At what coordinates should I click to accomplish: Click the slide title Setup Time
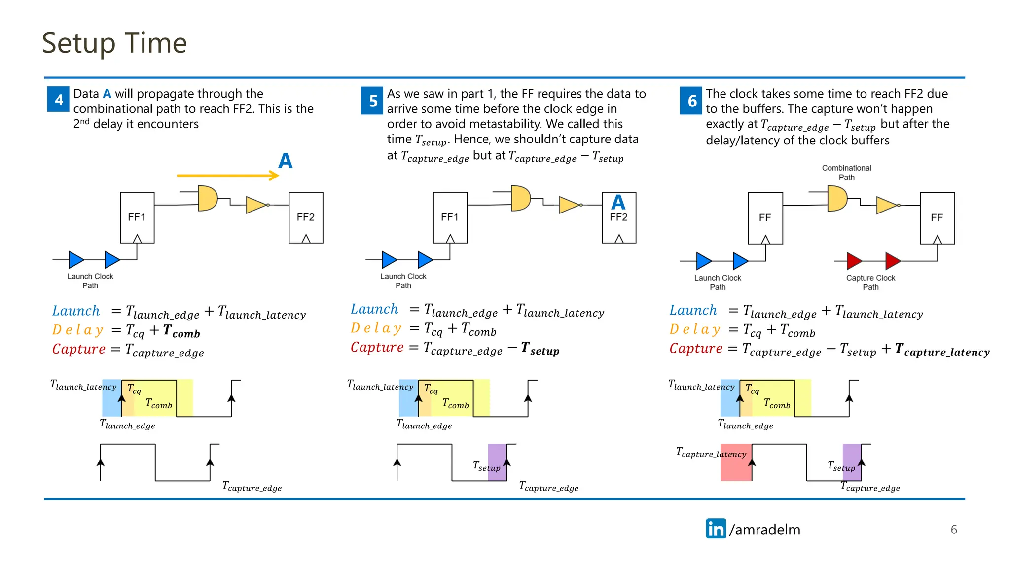[x=114, y=43]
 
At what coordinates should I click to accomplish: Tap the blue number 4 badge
[x=58, y=99]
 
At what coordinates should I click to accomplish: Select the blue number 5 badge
[x=372, y=101]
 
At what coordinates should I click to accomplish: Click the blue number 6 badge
[x=691, y=101]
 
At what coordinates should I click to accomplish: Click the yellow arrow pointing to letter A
[x=227, y=175]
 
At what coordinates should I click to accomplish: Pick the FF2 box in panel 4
[x=306, y=217]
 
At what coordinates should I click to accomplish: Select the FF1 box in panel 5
[x=450, y=217]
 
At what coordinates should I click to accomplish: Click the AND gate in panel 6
[x=836, y=198]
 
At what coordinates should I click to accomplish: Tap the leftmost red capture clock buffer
[x=854, y=261]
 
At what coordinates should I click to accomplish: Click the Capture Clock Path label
[x=870, y=282]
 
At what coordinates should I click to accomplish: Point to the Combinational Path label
[x=846, y=173]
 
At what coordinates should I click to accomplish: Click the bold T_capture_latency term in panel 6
[x=942, y=351]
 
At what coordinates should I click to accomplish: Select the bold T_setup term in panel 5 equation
[x=540, y=350]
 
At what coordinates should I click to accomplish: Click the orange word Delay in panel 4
[x=78, y=330]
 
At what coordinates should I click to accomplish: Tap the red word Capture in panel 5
[x=377, y=347]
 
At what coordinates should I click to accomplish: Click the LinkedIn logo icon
[x=716, y=529]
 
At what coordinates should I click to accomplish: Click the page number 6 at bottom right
[x=953, y=530]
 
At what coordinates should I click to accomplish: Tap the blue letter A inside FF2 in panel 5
[x=618, y=202]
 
